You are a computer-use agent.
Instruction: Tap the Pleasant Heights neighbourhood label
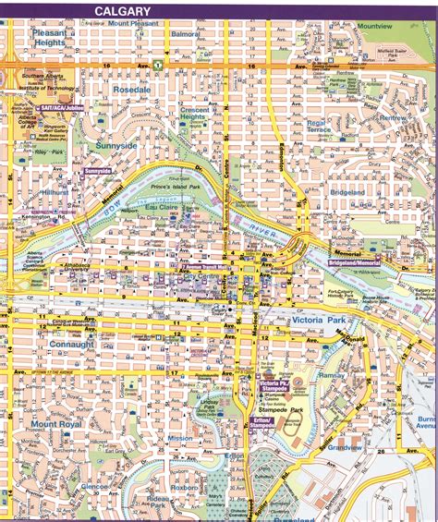(x=48, y=36)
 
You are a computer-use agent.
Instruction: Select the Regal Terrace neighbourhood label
(x=318, y=126)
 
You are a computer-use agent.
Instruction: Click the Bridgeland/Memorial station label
(x=353, y=263)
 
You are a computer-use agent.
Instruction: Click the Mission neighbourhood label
(x=180, y=439)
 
